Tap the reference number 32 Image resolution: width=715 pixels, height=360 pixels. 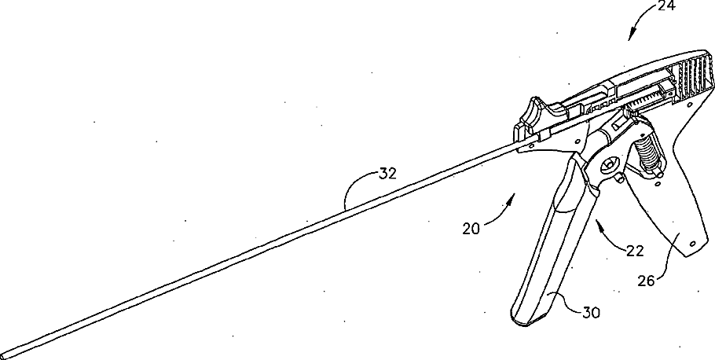[386, 174]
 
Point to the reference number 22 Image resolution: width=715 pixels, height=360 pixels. [635, 252]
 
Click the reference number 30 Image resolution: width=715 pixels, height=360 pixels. [592, 312]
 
